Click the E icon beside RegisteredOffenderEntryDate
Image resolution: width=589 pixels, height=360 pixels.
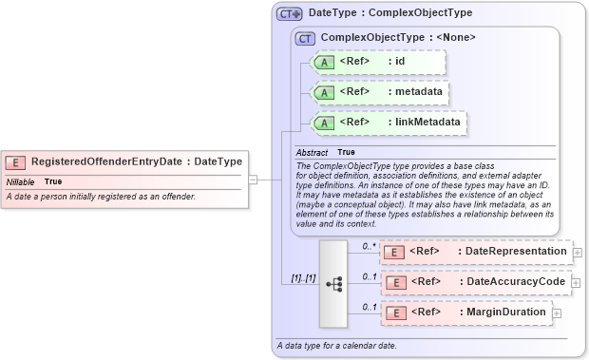pyautogui.click(x=16, y=161)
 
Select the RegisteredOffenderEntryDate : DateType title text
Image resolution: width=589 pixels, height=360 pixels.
pyautogui.click(x=137, y=161)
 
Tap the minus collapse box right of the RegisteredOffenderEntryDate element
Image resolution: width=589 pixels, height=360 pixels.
pyautogui.click(x=253, y=178)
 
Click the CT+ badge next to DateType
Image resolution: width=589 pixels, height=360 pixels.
pyautogui.click(x=289, y=14)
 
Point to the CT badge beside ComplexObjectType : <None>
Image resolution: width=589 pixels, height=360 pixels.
pyautogui.click(x=305, y=38)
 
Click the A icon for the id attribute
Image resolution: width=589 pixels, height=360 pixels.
pyautogui.click(x=323, y=63)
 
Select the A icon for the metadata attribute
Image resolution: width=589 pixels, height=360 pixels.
pyautogui.click(x=323, y=92)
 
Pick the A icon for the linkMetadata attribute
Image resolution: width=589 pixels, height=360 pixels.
pyautogui.click(x=323, y=122)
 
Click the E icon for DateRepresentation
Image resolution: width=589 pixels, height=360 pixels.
pyautogui.click(x=393, y=252)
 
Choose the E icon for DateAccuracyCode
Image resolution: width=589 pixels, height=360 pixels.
pyautogui.click(x=393, y=282)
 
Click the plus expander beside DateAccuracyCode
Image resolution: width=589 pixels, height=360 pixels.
pyautogui.click(x=577, y=282)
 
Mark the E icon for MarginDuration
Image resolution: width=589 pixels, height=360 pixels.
pyautogui.click(x=393, y=313)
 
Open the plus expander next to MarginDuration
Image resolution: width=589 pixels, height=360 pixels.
pyautogui.click(x=556, y=313)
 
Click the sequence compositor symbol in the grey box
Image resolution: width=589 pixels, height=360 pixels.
pyautogui.click(x=333, y=283)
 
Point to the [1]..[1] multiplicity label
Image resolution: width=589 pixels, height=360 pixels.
pyautogui.click(x=303, y=277)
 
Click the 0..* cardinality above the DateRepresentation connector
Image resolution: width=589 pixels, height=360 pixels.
pyautogui.click(x=370, y=245)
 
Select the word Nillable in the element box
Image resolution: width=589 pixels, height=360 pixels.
pyautogui.click(x=21, y=181)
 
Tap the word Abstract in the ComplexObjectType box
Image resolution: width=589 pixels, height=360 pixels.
pyautogui.click(x=312, y=152)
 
